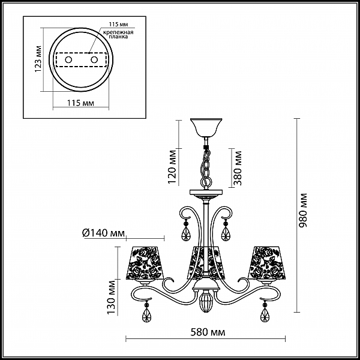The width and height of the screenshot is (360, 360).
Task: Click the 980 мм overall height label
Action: click(x=303, y=211)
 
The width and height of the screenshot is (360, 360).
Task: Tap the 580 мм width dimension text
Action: click(x=208, y=332)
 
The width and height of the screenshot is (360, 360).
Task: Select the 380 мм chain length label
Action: click(x=238, y=168)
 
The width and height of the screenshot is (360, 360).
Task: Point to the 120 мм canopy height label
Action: click(x=172, y=167)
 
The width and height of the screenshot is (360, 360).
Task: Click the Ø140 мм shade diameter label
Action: click(x=104, y=233)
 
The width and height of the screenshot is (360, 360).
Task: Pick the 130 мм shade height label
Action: click(x=112, y=298)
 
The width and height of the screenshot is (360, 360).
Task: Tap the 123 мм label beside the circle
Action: click(x=38, y=59)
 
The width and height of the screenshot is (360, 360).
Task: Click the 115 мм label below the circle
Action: click(x=80, y=103)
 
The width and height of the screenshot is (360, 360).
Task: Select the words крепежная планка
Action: click(x=118, y=34)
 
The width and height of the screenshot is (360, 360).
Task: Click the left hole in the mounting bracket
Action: click(x=68, y=60)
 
